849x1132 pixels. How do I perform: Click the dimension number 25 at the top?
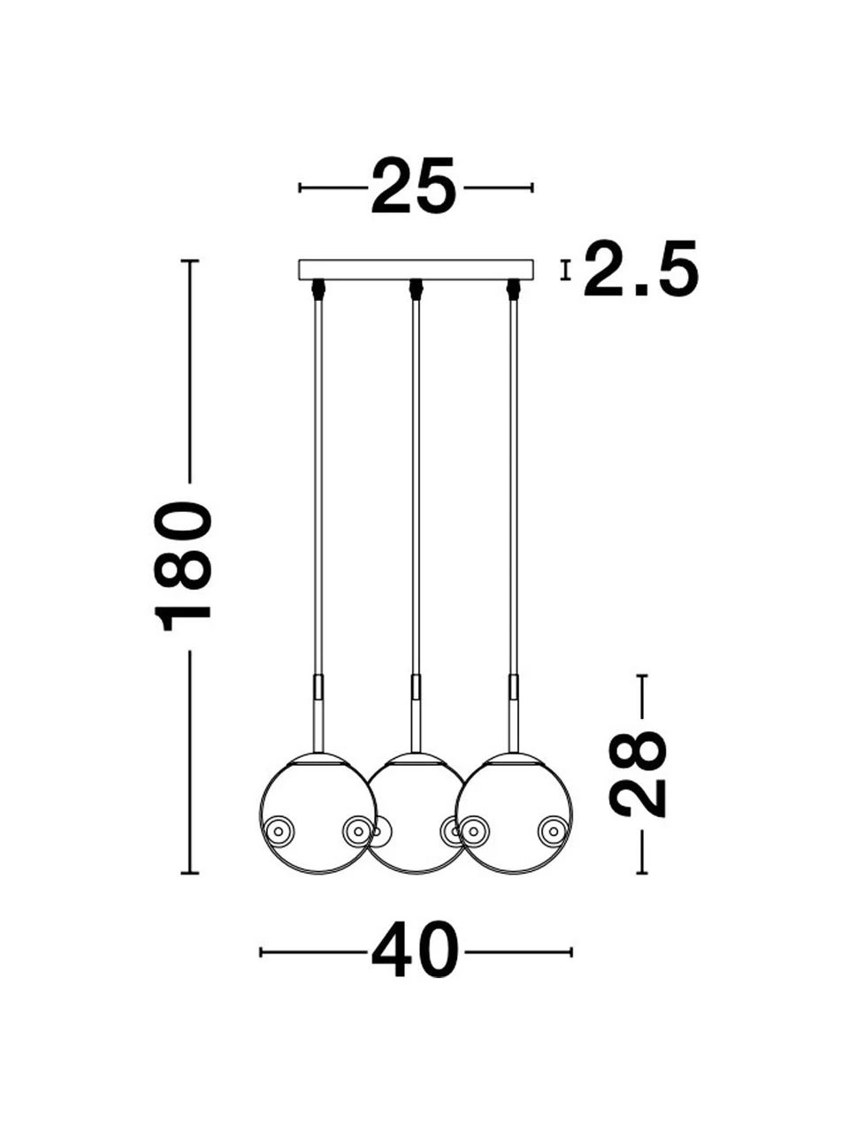[x=414, y=187]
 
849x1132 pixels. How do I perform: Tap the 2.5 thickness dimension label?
[x=641, y=269]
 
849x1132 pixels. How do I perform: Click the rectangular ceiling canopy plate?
[x=417, y=270]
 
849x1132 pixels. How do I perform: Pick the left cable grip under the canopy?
[x=318, y=289]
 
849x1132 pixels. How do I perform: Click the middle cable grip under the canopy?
[x=416, y=289]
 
